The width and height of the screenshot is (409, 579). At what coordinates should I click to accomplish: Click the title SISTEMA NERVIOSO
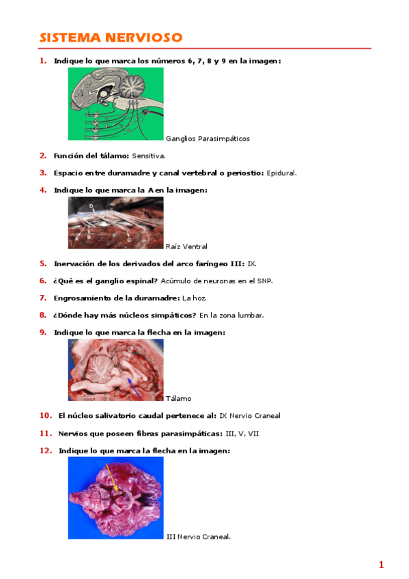110,37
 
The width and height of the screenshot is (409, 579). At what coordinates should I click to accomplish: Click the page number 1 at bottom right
381,564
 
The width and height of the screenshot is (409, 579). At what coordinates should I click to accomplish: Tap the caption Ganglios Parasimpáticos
208,139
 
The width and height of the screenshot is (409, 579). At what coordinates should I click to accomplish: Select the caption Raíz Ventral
186,246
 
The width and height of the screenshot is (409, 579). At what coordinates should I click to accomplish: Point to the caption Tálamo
179,398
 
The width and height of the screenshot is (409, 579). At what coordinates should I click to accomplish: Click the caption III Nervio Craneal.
198,537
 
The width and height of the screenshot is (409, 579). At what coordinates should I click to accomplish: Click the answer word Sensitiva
148,156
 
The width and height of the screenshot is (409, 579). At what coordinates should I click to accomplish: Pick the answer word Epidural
281,173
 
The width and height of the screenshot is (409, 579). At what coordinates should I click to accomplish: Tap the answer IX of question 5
251,263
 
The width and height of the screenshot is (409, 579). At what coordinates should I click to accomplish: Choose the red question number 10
46,415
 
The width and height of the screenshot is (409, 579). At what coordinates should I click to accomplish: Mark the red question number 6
43,281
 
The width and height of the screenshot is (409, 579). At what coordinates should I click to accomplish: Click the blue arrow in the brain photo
134,387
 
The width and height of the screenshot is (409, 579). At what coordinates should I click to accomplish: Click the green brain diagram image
115,104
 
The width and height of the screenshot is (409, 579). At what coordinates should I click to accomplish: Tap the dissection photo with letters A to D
115,223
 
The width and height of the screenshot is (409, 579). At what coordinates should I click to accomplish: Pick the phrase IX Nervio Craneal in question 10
250,415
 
